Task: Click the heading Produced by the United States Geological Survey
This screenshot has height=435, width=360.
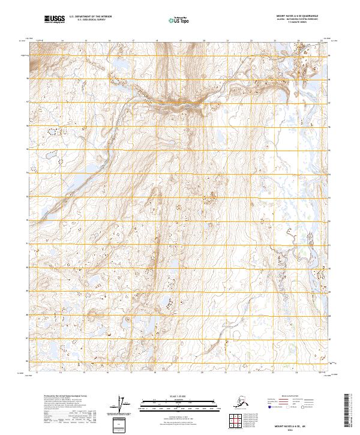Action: tap(66, 397)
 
